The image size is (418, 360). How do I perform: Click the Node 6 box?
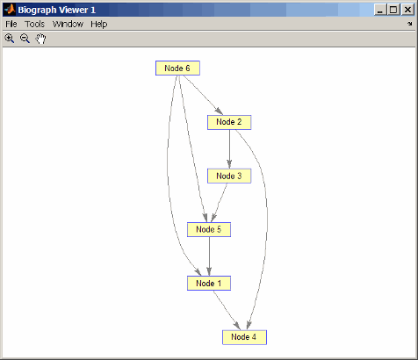(x=177, y=68)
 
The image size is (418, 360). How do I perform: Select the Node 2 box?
(x=229, y=122)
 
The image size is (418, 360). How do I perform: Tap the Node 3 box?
(x=229, y=176)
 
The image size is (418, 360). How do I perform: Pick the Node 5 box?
(x=209, y=229)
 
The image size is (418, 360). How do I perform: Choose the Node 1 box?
(x=209, y=283)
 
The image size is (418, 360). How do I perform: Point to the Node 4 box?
(x=244, y=337)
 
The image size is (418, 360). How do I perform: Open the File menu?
(x=11, y=24)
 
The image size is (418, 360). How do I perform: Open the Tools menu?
(x=34, y=24)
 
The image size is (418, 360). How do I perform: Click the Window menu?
(x=68, y=24)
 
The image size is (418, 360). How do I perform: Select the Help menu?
(x=99, y=24)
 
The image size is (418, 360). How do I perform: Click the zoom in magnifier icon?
(x=10, y=39)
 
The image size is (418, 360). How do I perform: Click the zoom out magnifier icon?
(x=25, y=39)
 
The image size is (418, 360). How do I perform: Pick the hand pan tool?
(x=40, y=39)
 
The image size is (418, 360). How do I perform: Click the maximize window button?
(x=393, y=10)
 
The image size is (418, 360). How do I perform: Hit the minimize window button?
(x=380, y=10)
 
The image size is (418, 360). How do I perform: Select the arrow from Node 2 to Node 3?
(x=229, y=149)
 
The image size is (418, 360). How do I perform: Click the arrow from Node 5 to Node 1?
(x=209, y=256)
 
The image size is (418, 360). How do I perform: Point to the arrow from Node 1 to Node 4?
(x=227, y=310)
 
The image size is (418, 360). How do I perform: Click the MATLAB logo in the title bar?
(x=10, y=10)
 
